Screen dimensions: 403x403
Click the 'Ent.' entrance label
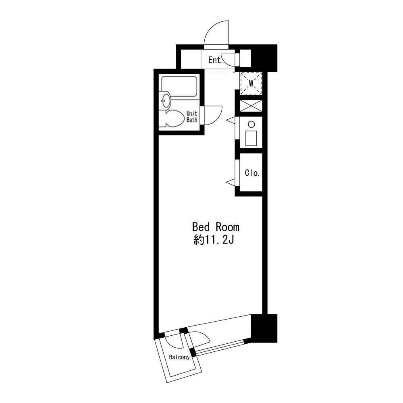point(215,60)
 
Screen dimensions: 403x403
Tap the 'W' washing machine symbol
point(251,83)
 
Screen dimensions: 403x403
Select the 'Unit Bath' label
point(192,116)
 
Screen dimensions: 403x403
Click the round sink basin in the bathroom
point(165,100)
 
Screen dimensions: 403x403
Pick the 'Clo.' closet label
point(252,173)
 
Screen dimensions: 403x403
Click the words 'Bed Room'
point(216,227)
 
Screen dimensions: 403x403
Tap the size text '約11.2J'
point(214,240)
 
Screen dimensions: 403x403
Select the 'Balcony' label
point(179,357)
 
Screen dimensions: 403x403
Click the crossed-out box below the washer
point(251,106)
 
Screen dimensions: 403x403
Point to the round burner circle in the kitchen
point(251,125)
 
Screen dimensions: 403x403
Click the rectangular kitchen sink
point(251,138)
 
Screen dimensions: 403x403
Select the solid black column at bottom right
point(264,328)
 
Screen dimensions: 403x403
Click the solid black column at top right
point(264,58)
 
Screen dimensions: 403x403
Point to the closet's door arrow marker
point(230,182)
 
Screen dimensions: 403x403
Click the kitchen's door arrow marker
point(230,119)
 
